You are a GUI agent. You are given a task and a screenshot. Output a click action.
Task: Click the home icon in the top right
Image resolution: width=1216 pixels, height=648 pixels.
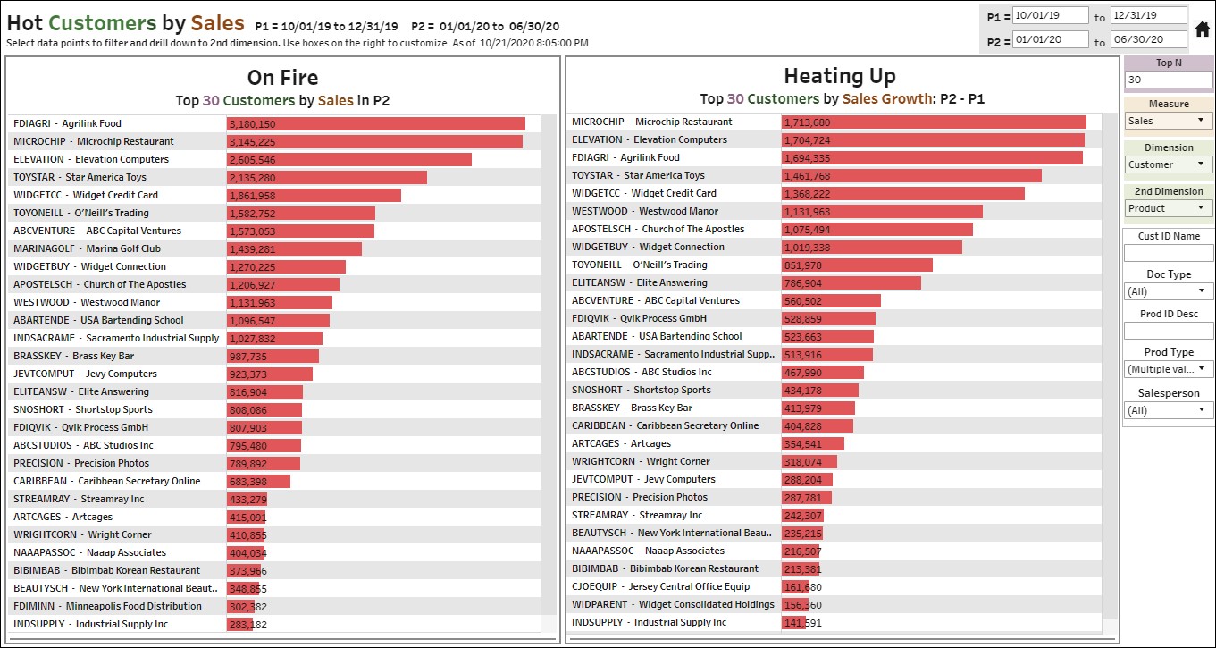(1203, 29)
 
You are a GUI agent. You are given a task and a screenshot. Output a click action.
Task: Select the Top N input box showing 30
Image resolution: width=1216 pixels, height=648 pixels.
(1168, 80)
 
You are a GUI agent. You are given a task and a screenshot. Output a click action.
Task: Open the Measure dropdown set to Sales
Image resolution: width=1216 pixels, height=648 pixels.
(1168, 121)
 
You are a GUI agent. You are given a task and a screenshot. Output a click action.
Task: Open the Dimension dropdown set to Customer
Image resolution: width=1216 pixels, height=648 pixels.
(1168, 164)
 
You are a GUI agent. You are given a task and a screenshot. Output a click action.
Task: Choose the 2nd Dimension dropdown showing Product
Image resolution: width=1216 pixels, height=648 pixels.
(1168, 208)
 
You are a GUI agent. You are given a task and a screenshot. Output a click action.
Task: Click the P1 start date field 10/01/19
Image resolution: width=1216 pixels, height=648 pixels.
(1050, 16)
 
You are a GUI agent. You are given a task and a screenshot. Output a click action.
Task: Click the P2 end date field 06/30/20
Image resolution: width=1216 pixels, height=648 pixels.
(1148, 40)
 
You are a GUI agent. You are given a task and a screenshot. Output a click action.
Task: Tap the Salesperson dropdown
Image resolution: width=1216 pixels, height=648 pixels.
(1168, 410)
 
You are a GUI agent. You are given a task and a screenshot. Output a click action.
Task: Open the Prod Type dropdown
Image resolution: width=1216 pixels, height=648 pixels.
(1168, 369)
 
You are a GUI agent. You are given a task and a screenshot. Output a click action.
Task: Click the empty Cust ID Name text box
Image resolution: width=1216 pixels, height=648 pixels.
(1168, 253)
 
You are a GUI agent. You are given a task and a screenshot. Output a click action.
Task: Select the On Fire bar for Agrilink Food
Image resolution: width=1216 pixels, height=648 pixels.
(375, 124)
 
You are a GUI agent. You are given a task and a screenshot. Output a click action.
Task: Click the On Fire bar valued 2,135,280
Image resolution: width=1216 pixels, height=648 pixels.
(326, 178)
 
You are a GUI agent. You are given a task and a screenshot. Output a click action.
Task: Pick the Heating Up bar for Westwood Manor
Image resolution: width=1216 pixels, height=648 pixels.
(881, 212)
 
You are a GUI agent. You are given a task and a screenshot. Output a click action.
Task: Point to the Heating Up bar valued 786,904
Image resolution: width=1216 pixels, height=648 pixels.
(851, 283)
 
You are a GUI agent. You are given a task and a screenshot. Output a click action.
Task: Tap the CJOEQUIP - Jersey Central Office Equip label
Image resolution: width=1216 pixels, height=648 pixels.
(660, 586)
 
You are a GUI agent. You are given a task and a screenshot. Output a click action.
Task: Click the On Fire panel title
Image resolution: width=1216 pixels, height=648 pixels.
(282, 78)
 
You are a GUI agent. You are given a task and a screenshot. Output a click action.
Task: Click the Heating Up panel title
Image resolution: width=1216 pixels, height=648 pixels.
(839, 76)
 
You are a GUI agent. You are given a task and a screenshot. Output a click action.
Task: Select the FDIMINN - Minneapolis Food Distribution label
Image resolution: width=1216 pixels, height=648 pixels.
(107, 606)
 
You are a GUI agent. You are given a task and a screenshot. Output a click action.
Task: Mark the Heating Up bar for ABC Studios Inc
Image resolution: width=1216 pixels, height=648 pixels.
(822, 373)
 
